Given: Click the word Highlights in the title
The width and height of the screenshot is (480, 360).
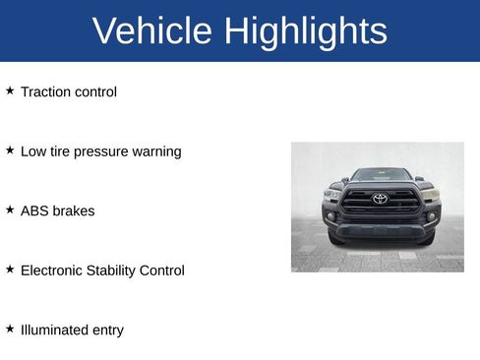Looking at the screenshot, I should tap(305, 31).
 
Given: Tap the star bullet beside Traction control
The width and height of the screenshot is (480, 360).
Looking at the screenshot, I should tap(10, 90).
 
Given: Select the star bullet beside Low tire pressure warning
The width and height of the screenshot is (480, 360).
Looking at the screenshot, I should tap(10, 150).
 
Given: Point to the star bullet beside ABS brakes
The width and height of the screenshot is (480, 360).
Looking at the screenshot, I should tap(10, 210).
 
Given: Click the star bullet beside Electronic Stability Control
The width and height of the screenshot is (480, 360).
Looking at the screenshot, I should tap(10, 269).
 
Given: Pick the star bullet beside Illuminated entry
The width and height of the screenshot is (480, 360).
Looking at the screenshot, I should tap(10, 329).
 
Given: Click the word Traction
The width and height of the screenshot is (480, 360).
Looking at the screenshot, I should tap(44, 91).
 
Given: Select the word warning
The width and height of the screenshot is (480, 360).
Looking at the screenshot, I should tap(157, 151).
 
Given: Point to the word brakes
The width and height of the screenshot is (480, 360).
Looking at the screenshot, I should tap(74, 210).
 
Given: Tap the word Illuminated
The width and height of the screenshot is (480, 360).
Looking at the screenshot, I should tap(53, 330).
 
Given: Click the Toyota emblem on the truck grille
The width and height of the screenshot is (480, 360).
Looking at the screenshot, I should tap(381, 199).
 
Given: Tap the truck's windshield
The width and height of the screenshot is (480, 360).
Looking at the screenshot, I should tap(381, 175).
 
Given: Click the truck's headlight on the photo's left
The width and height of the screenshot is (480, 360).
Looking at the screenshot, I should tap(332, 195).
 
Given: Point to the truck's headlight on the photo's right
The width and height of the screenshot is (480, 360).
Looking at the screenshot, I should tap(430, 195).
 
